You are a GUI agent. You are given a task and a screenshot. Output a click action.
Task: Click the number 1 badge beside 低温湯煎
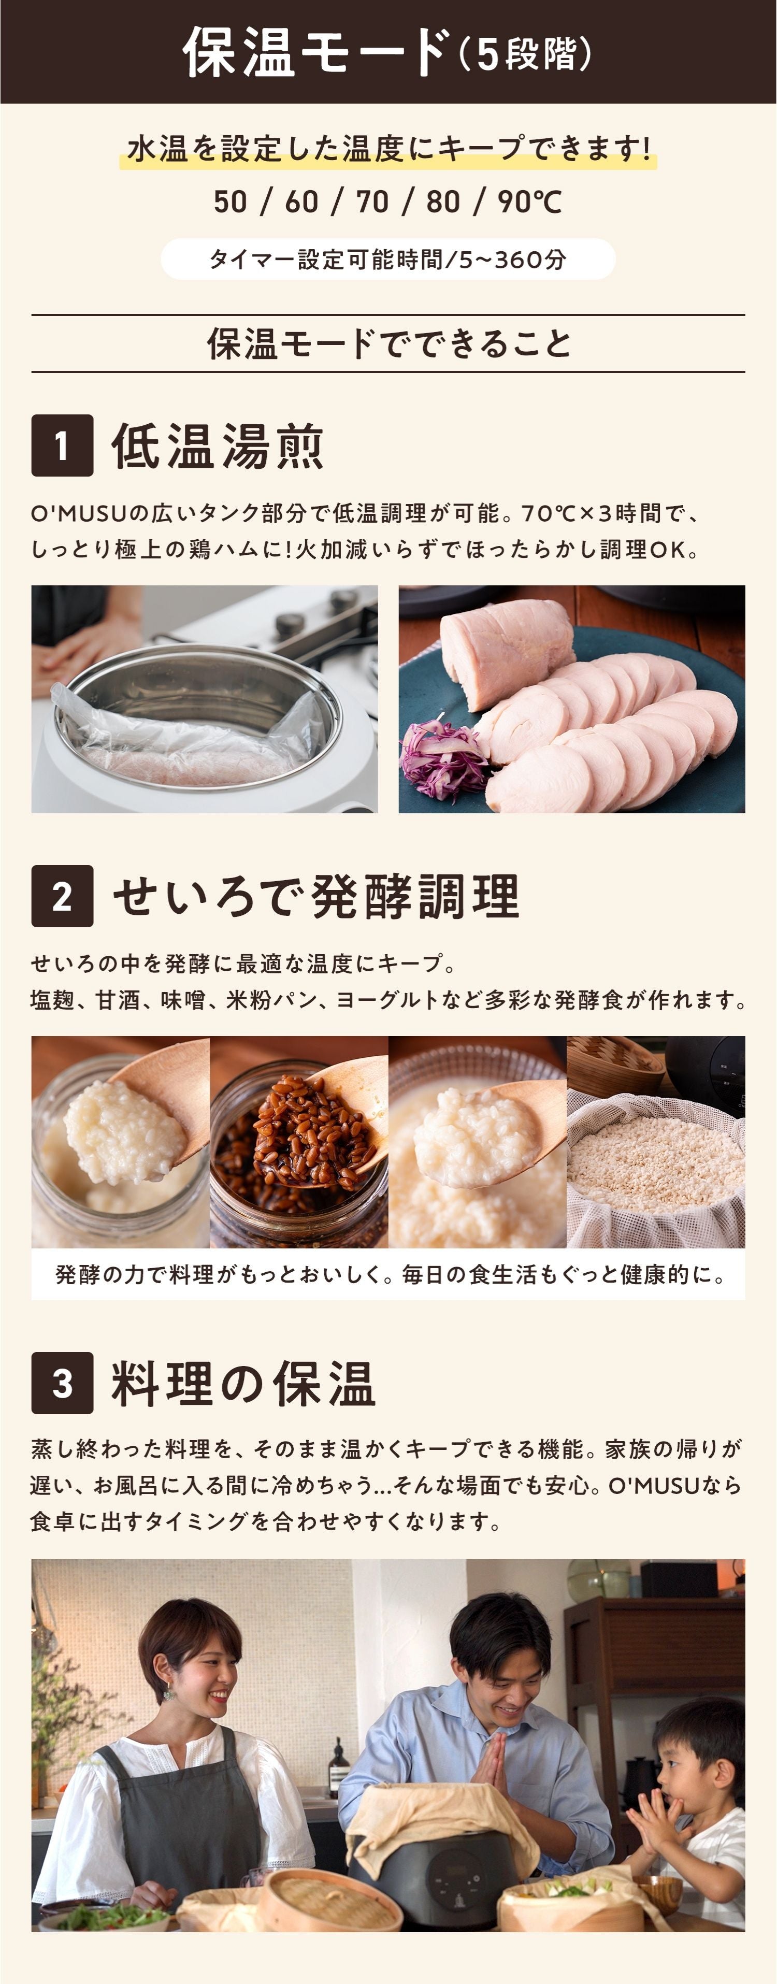coord(62,445)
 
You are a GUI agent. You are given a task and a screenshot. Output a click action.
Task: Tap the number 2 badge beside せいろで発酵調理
coord(62,896)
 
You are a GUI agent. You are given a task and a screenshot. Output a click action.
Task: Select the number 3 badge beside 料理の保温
coord(62,1383)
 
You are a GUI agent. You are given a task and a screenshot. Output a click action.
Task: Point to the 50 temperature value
coord(230,202)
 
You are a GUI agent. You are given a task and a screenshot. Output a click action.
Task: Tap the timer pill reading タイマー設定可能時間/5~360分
coord(388,259)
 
